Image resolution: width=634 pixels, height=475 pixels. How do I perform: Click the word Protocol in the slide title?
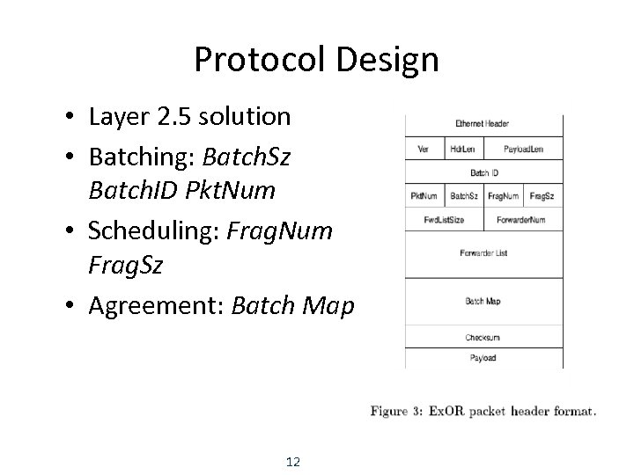[x=257, y=60]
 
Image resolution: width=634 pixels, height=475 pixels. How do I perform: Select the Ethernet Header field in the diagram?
[x=483, y=124]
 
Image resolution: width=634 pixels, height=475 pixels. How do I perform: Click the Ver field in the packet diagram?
[x=424, y=149]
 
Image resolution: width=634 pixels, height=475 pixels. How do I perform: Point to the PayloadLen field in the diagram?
[x=523, y=149]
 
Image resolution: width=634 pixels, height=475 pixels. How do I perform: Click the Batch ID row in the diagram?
[x=483, y=173]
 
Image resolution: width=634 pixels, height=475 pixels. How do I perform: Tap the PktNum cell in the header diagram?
[x=424, y=195]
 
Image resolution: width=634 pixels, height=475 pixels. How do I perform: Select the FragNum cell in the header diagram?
[x=503, y=195]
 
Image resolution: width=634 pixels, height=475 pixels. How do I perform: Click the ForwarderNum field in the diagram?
[x=520, y=219]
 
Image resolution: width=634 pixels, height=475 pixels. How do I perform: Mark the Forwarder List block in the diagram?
[x=483, y=253]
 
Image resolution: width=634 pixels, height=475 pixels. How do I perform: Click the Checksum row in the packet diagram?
[x=483, y=338]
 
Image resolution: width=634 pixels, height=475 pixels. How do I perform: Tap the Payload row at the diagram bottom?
[x=483, y=358]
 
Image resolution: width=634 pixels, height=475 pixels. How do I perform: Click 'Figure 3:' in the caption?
[x=399, y=411]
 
